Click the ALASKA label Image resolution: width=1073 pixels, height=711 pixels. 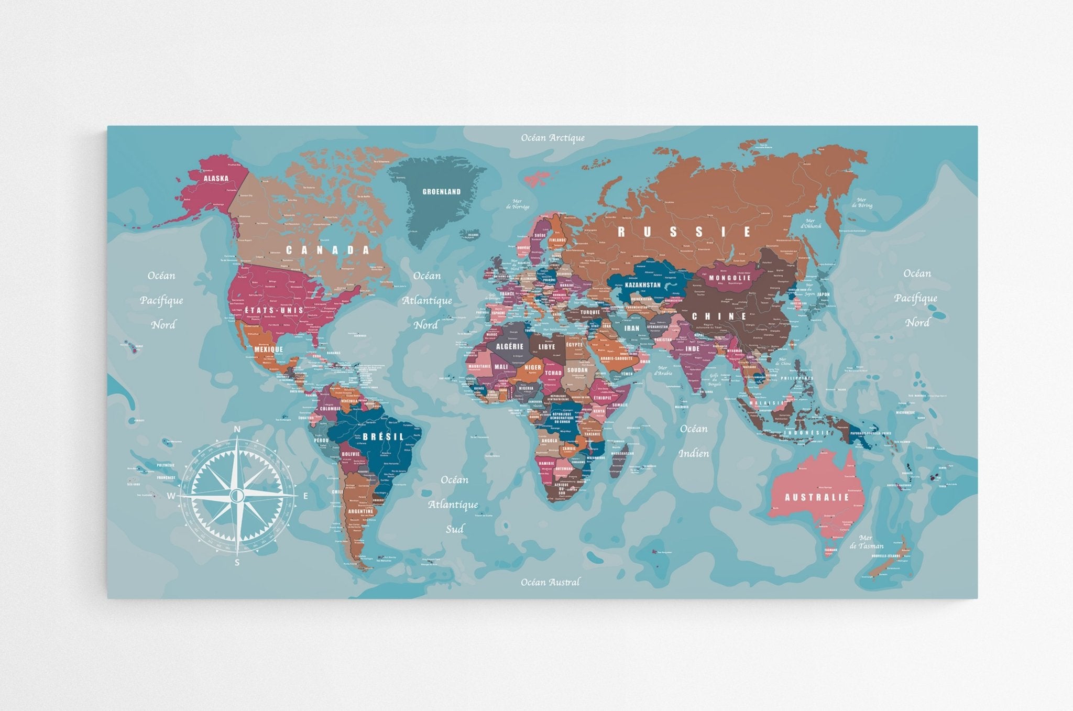click(216, 178)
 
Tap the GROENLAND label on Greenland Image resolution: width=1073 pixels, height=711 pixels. click(442, 192)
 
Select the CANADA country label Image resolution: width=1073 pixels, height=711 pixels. click(328, 250)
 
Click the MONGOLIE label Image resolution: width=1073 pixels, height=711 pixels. click(730, 278)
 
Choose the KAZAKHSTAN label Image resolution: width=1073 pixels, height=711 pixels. click(643, 285)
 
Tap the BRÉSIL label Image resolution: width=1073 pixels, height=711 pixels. click(384, 436)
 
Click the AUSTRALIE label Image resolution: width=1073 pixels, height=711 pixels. click(817, 497)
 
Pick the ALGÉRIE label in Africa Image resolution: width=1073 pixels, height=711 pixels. click(509, 346)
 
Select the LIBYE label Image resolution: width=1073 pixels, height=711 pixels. click(546, 347)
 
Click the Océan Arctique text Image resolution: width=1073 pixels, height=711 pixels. click(553, 138)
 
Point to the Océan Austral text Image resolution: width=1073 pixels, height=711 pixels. click(550, 582)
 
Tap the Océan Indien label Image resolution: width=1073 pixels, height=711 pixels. click(694, 441)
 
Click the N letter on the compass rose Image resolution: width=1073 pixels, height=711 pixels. click(237, 430)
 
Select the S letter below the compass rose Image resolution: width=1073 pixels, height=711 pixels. click(237, 563)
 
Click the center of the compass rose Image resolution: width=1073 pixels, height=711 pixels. click(237, 495)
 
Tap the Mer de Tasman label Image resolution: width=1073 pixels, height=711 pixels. click(866, 542)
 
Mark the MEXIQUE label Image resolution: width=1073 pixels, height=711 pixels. click(268, 349)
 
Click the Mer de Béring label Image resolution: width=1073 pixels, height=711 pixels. click(861, 203)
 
